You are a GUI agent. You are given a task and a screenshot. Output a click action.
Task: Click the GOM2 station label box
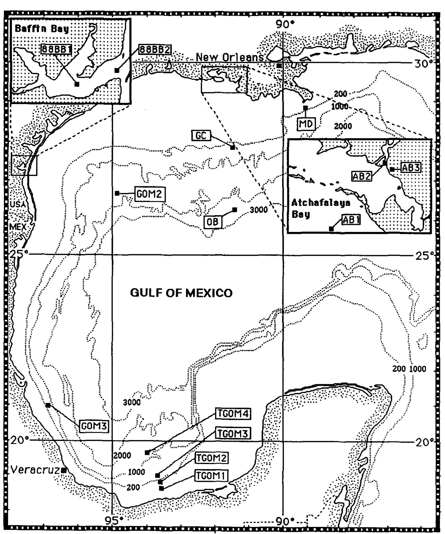click(150, 194)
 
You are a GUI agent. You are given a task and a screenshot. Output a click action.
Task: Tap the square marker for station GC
click(233, 147)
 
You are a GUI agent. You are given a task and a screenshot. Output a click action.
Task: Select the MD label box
click(306, 124)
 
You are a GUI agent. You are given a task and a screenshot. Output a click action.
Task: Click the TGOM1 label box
click(211, 476)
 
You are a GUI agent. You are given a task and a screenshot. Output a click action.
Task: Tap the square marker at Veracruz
click(63, 470)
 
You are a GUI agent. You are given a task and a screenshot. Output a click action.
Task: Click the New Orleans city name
click(230, 57)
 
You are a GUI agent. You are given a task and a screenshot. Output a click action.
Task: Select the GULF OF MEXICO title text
click(181, 293)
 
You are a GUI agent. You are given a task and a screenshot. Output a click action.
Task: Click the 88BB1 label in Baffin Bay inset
click(56, 49)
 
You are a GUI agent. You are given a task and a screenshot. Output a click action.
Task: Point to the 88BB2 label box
click(155, 50)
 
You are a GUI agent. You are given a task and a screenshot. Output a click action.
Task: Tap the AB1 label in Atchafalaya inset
click(351, 220)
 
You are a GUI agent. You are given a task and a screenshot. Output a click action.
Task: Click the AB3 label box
click(411, 168)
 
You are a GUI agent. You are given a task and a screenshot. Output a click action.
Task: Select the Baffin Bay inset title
click(42, 29)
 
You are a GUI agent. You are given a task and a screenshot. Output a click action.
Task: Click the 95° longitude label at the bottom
click(114, 520)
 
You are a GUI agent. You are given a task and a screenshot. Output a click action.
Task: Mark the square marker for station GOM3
click(48, 405)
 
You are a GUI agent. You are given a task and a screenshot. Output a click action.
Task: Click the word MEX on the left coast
click(18, 227)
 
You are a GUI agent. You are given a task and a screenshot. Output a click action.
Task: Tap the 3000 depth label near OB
click(259, 210)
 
